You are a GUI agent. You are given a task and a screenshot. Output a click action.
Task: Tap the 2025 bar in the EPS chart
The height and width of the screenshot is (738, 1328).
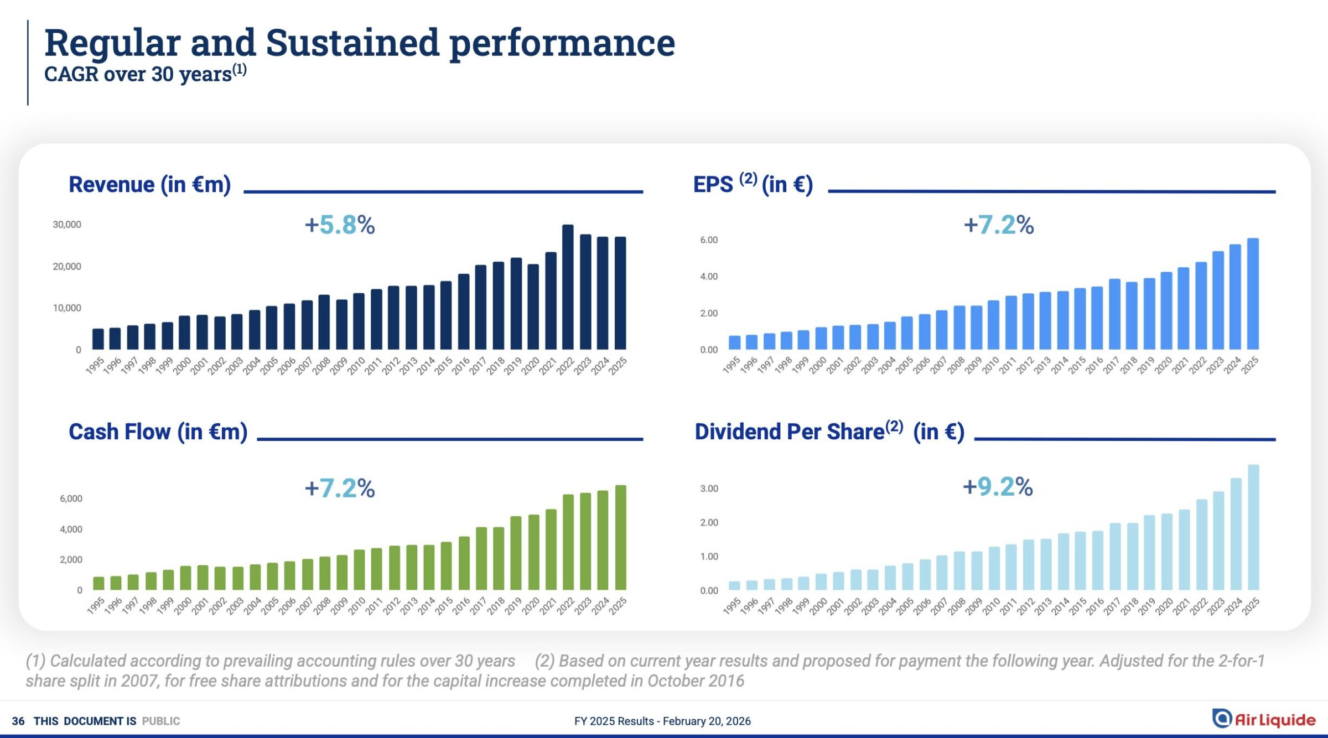click(1253, 294)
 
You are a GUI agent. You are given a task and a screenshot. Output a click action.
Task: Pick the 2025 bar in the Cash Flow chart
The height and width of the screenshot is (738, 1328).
click(621, 537)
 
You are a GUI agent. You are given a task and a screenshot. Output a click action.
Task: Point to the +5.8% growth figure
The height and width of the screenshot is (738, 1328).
click(340, 225)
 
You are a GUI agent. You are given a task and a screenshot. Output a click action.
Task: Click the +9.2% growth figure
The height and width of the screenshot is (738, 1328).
click(998, 487)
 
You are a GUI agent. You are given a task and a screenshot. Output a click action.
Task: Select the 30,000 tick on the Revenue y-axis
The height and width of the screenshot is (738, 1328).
click(67, 225)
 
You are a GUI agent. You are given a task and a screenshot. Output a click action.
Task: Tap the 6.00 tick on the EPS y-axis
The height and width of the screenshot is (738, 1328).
click(709, 240)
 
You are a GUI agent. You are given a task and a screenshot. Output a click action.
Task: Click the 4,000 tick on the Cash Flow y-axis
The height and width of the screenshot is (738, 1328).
click(71, 529)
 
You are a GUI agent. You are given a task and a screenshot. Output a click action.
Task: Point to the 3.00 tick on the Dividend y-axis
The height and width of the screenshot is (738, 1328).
click(709, 488)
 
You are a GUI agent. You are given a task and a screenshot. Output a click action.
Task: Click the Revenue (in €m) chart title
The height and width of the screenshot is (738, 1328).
click(149, 185)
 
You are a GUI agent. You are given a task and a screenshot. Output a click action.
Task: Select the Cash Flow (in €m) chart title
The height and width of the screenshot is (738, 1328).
click(158, 432)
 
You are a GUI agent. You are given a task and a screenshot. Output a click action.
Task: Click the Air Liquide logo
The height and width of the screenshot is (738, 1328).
click(1264, 719)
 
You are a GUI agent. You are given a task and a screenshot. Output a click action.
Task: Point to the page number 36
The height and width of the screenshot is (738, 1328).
click(18, 721)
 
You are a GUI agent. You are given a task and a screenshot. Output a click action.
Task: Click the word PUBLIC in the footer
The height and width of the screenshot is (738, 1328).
click(161, 721)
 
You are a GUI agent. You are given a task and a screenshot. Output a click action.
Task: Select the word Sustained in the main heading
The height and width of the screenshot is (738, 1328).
click(352, 43)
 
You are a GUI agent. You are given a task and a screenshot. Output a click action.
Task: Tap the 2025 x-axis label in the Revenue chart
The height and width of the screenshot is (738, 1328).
click(618, 366)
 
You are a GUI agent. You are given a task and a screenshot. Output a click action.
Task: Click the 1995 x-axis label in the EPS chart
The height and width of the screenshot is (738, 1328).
click(731, 365)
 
